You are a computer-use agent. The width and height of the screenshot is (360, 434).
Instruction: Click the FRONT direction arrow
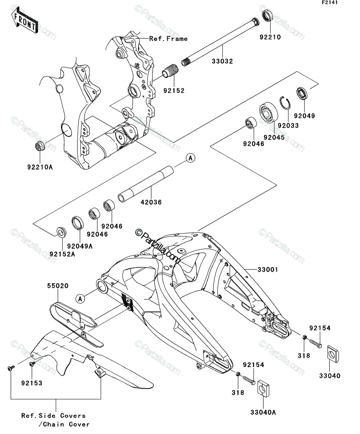tap(25, 20)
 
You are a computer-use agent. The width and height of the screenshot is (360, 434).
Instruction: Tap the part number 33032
tap(222, 61)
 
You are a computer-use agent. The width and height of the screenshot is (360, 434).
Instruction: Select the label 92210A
tap(40, 167)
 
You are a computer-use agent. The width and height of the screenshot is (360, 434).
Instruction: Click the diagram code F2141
tap(330, 3)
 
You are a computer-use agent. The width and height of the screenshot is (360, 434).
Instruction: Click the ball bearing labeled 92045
tap(268, 112)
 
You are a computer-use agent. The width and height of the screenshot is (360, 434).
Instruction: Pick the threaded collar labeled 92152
tap(170, 72)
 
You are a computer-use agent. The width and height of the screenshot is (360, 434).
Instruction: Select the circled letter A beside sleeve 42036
tap(191, 158)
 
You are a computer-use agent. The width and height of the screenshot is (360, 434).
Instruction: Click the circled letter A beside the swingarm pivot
tap(80, 299)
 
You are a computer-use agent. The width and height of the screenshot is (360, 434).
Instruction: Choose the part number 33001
tap(268, 269)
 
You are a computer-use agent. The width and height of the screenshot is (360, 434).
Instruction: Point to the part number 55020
tap(58, 286)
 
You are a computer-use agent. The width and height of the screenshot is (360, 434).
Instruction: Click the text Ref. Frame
tap(169, 39)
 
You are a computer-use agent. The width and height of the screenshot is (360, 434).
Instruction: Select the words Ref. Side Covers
tap(54, 416)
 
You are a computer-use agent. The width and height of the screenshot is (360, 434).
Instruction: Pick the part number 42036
tap(151, 202)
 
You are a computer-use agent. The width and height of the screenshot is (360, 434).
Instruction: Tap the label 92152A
tap(62, 254)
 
